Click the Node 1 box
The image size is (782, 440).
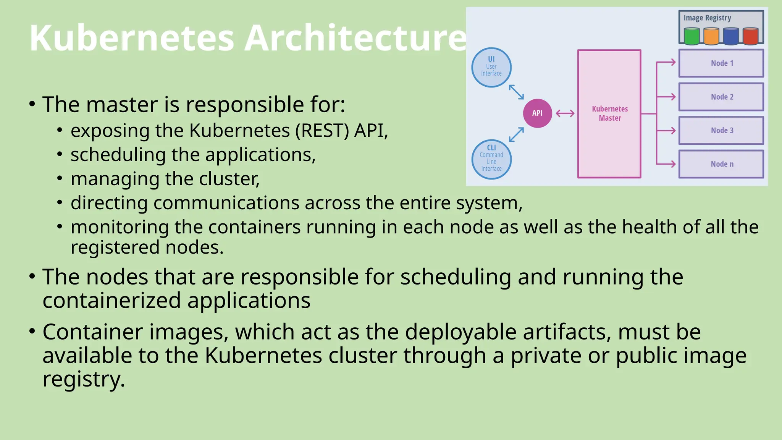[x=721, y=63]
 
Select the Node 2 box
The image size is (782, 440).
[x=721, y=97]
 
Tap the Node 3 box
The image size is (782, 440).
[x=721, y=130]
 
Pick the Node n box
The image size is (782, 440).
[x=721, y=164]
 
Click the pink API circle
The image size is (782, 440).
[x=537, y=113]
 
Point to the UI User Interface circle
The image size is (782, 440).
[x=491, y=67]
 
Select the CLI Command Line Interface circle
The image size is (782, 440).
[x=491, y=159]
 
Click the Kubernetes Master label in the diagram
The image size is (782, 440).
[x=609, y=113]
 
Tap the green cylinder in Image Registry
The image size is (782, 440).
[x=692, y=36]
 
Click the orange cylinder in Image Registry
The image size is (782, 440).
[x=711, y=36]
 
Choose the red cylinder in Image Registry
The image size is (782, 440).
[x=750, y=36]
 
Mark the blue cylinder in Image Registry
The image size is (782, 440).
[x=731, y=36]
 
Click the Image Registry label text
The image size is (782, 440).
[x=707, y=18]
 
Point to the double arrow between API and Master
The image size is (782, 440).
[x=565, y=113]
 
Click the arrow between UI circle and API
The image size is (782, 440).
[x=516, y=92]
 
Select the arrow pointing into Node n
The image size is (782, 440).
[x=667, y=164]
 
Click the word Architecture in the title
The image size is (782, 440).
[x=355, y=38]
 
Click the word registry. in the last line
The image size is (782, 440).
[x=84, y=379]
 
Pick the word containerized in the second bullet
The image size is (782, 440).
[x=111, y=301]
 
